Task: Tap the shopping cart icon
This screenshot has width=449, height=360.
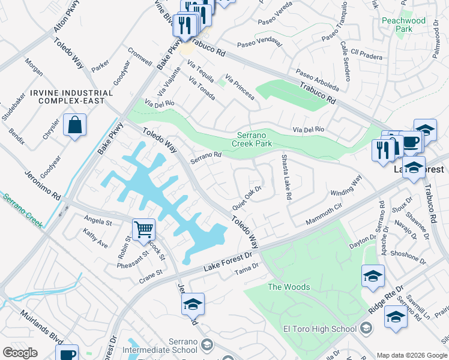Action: pyautogui.click(x=143, y=229)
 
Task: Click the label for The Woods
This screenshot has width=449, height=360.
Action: pyautogui.click(x=289, y=287)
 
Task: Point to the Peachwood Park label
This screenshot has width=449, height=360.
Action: pyautogui.click(x=403, y=25)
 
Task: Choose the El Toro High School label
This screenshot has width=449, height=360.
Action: pyautogui.click(x=320, y=328)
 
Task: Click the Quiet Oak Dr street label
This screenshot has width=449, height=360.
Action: pyautogui.click(x=247, y=197)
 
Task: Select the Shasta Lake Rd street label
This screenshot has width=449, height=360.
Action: pyautogui.click(x=286, y=178)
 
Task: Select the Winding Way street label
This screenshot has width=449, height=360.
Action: pyautogui.click(x=346, y=185)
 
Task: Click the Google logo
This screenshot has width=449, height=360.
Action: pyautogui.click(x=20, y=353)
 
